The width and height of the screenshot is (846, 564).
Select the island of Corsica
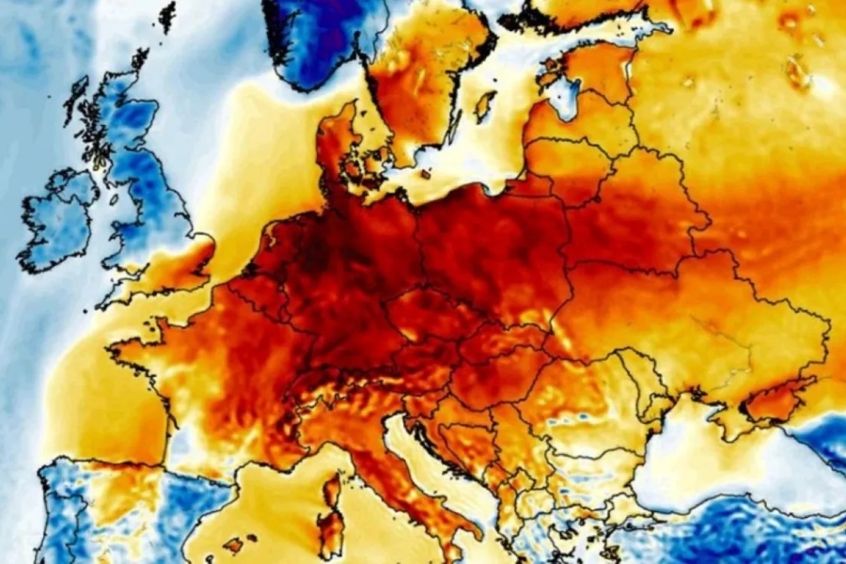331,490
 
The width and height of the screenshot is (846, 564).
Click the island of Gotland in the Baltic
485,105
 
